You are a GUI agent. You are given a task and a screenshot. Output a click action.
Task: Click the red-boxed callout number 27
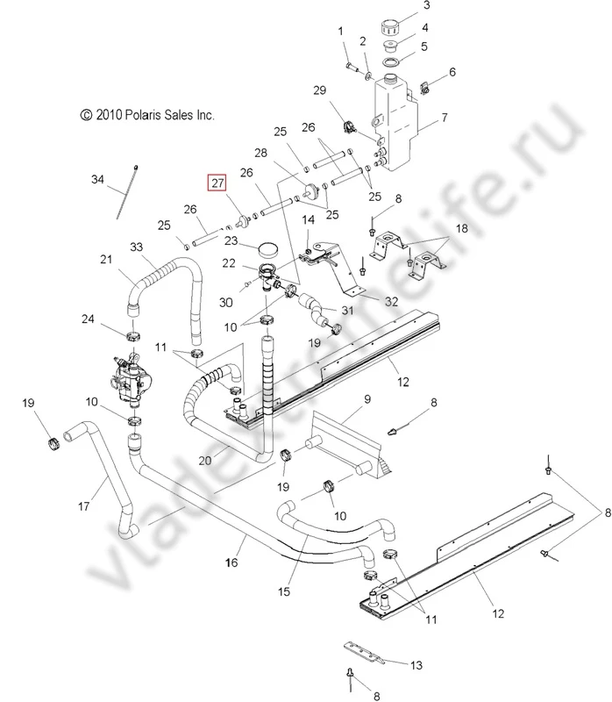(x=216, y=183)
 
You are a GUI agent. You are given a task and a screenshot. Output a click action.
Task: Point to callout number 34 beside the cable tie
(x=96, y=180)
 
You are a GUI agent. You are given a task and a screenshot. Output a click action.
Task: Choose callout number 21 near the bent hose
(x=106, y=259)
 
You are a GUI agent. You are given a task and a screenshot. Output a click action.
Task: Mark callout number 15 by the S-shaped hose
(x=283, y=592)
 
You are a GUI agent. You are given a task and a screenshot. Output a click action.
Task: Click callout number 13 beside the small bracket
(x=416, y=664)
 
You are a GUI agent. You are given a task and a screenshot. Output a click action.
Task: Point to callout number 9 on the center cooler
(x=366, y=399)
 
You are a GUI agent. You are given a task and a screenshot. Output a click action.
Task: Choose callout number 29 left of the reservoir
(x=319, y=90)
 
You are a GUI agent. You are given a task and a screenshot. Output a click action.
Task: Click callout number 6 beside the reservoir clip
(x=452, y=71)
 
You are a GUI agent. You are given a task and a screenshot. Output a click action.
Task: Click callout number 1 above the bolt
(x=341, y=31)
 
